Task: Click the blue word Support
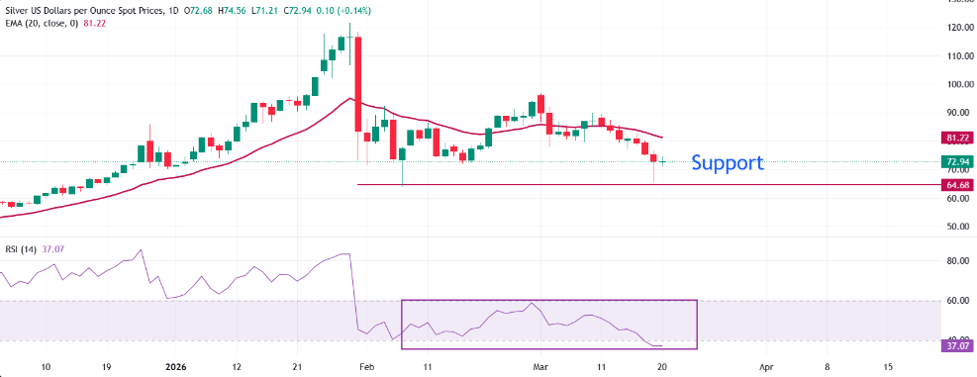click(x=728, y=162)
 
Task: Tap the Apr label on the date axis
click(x=765, y=365)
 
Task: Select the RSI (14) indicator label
click(x=21, y=249)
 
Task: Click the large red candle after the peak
click(x=356, y=84)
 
